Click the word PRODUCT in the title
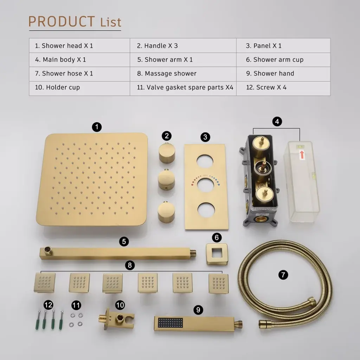pos(62,21)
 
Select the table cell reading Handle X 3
pos(183,46)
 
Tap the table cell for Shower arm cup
pos(283,60)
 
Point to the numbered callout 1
pos(97,127)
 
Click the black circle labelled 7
pos(283,275)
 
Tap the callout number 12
pos(49,305)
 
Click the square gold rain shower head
pos(92,179)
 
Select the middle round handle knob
pos(166,179)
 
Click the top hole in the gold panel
pos(205,161)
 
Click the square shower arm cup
pos(216,254)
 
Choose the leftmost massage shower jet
pos(45,283)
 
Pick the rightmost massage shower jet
pos(219,284)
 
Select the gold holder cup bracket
pos(116,319)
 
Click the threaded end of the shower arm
pos(194,253)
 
